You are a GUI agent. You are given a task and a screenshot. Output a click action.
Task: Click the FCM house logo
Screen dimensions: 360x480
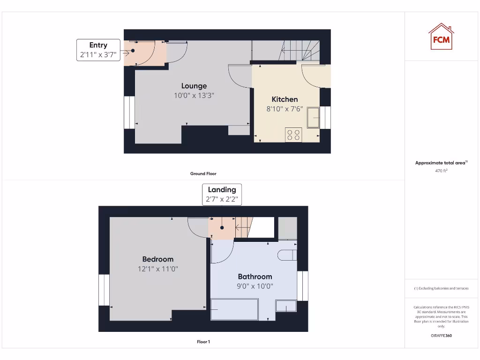pos(441,37)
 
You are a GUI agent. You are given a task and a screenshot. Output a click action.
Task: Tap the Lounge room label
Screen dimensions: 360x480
pos(194,86)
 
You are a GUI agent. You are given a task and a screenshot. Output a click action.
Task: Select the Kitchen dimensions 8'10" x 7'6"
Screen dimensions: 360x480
pos(285,109)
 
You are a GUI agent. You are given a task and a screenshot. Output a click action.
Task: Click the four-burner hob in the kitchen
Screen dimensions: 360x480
pos(293,135)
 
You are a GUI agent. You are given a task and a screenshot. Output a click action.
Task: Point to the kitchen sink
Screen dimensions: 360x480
pos(313,117)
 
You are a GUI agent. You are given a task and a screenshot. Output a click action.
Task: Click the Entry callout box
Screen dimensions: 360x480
pos(98,49)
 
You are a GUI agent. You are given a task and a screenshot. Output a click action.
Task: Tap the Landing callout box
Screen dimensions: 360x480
pos(222,195)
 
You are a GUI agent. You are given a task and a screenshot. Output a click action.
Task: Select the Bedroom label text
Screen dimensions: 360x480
pos(158,259)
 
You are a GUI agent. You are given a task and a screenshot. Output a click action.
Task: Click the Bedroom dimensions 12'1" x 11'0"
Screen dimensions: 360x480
pos(158,269)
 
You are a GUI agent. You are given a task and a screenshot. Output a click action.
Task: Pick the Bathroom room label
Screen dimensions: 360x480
pos(255,277)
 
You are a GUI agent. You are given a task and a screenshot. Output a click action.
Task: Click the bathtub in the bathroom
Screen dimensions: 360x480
pos(234,309)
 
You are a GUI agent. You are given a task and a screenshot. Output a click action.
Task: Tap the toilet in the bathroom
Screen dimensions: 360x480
pos(287,255)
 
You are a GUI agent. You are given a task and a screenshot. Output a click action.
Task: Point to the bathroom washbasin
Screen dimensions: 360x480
pos(286,306)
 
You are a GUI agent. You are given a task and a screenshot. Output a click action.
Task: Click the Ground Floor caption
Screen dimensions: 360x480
pos(203,173)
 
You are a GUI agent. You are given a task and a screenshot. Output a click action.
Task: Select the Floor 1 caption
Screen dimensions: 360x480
pos(203,342)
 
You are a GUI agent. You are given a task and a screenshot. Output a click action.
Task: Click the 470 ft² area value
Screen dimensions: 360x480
pos(441,171)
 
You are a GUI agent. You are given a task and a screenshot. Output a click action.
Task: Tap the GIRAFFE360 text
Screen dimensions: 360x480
pos(441,336)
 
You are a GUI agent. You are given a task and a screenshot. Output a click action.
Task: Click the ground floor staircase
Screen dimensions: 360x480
pos(300,50)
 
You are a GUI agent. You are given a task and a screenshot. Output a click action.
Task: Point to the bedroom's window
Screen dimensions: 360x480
pos(104,290)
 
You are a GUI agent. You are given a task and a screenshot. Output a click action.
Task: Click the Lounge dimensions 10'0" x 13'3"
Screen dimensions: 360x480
pos(194,96)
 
